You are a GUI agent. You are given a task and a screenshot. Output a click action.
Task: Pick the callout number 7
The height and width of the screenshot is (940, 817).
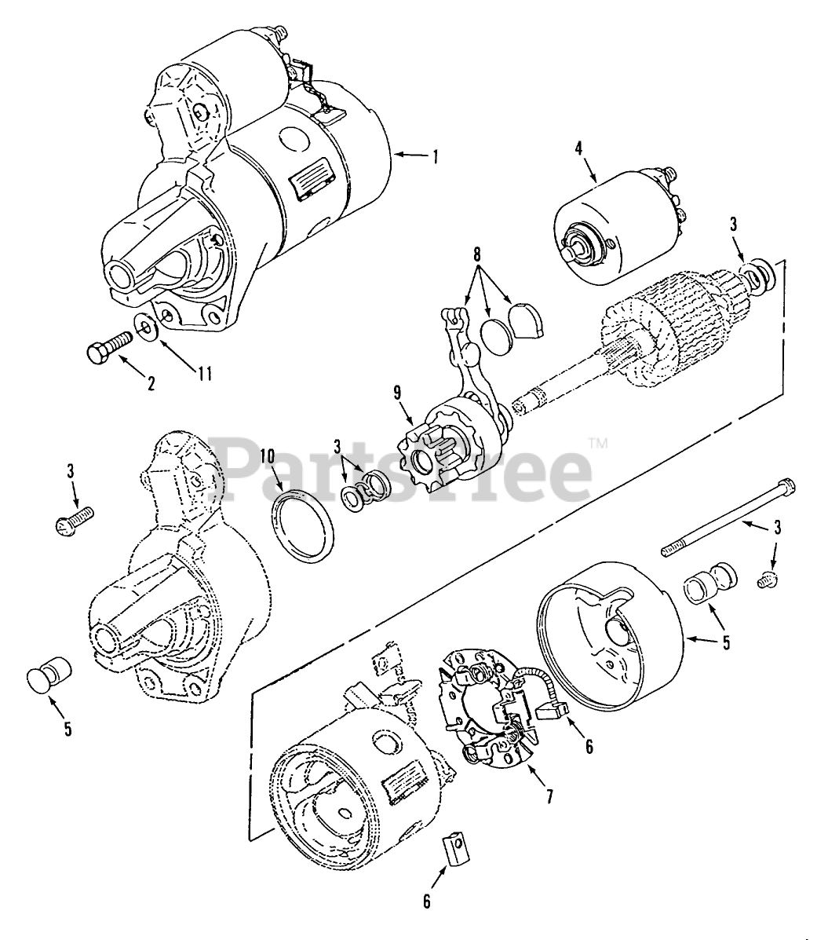(x=548, y=796)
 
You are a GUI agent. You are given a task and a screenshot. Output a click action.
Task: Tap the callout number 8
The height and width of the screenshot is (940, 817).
(x=477, y=255)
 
